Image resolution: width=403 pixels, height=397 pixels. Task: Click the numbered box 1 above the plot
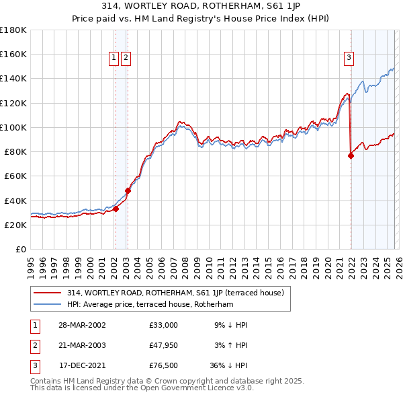(x=114, y=59)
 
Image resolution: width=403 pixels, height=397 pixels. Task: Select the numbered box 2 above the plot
(x=126, y=59)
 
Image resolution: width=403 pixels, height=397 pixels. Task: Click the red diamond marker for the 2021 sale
(x=351, y=155)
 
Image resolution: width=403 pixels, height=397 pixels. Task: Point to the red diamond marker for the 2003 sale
(x=128, y=190)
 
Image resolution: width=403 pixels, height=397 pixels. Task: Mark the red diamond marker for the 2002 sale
(x=116, y=209)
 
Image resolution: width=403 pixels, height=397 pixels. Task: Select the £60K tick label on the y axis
(x=15, y=176)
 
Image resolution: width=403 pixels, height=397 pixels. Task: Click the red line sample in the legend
(x=48, y=293)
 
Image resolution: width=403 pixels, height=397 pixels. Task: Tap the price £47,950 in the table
(x=164, y=345)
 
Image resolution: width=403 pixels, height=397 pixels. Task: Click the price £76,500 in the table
(x=164, y=366)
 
